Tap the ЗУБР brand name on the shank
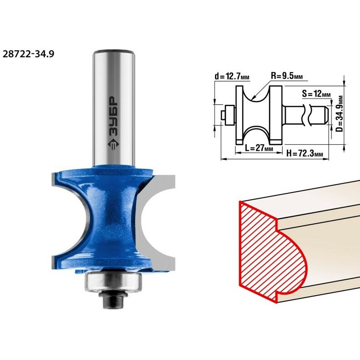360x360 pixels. click(113, 117)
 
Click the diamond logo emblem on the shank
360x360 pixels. click(113, 145)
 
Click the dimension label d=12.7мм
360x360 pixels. click(232, 76)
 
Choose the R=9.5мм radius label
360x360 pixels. click(287, 76)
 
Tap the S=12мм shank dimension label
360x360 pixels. click(316, 94)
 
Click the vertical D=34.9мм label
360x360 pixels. click(340, 113)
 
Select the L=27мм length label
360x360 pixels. click(259, 148)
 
